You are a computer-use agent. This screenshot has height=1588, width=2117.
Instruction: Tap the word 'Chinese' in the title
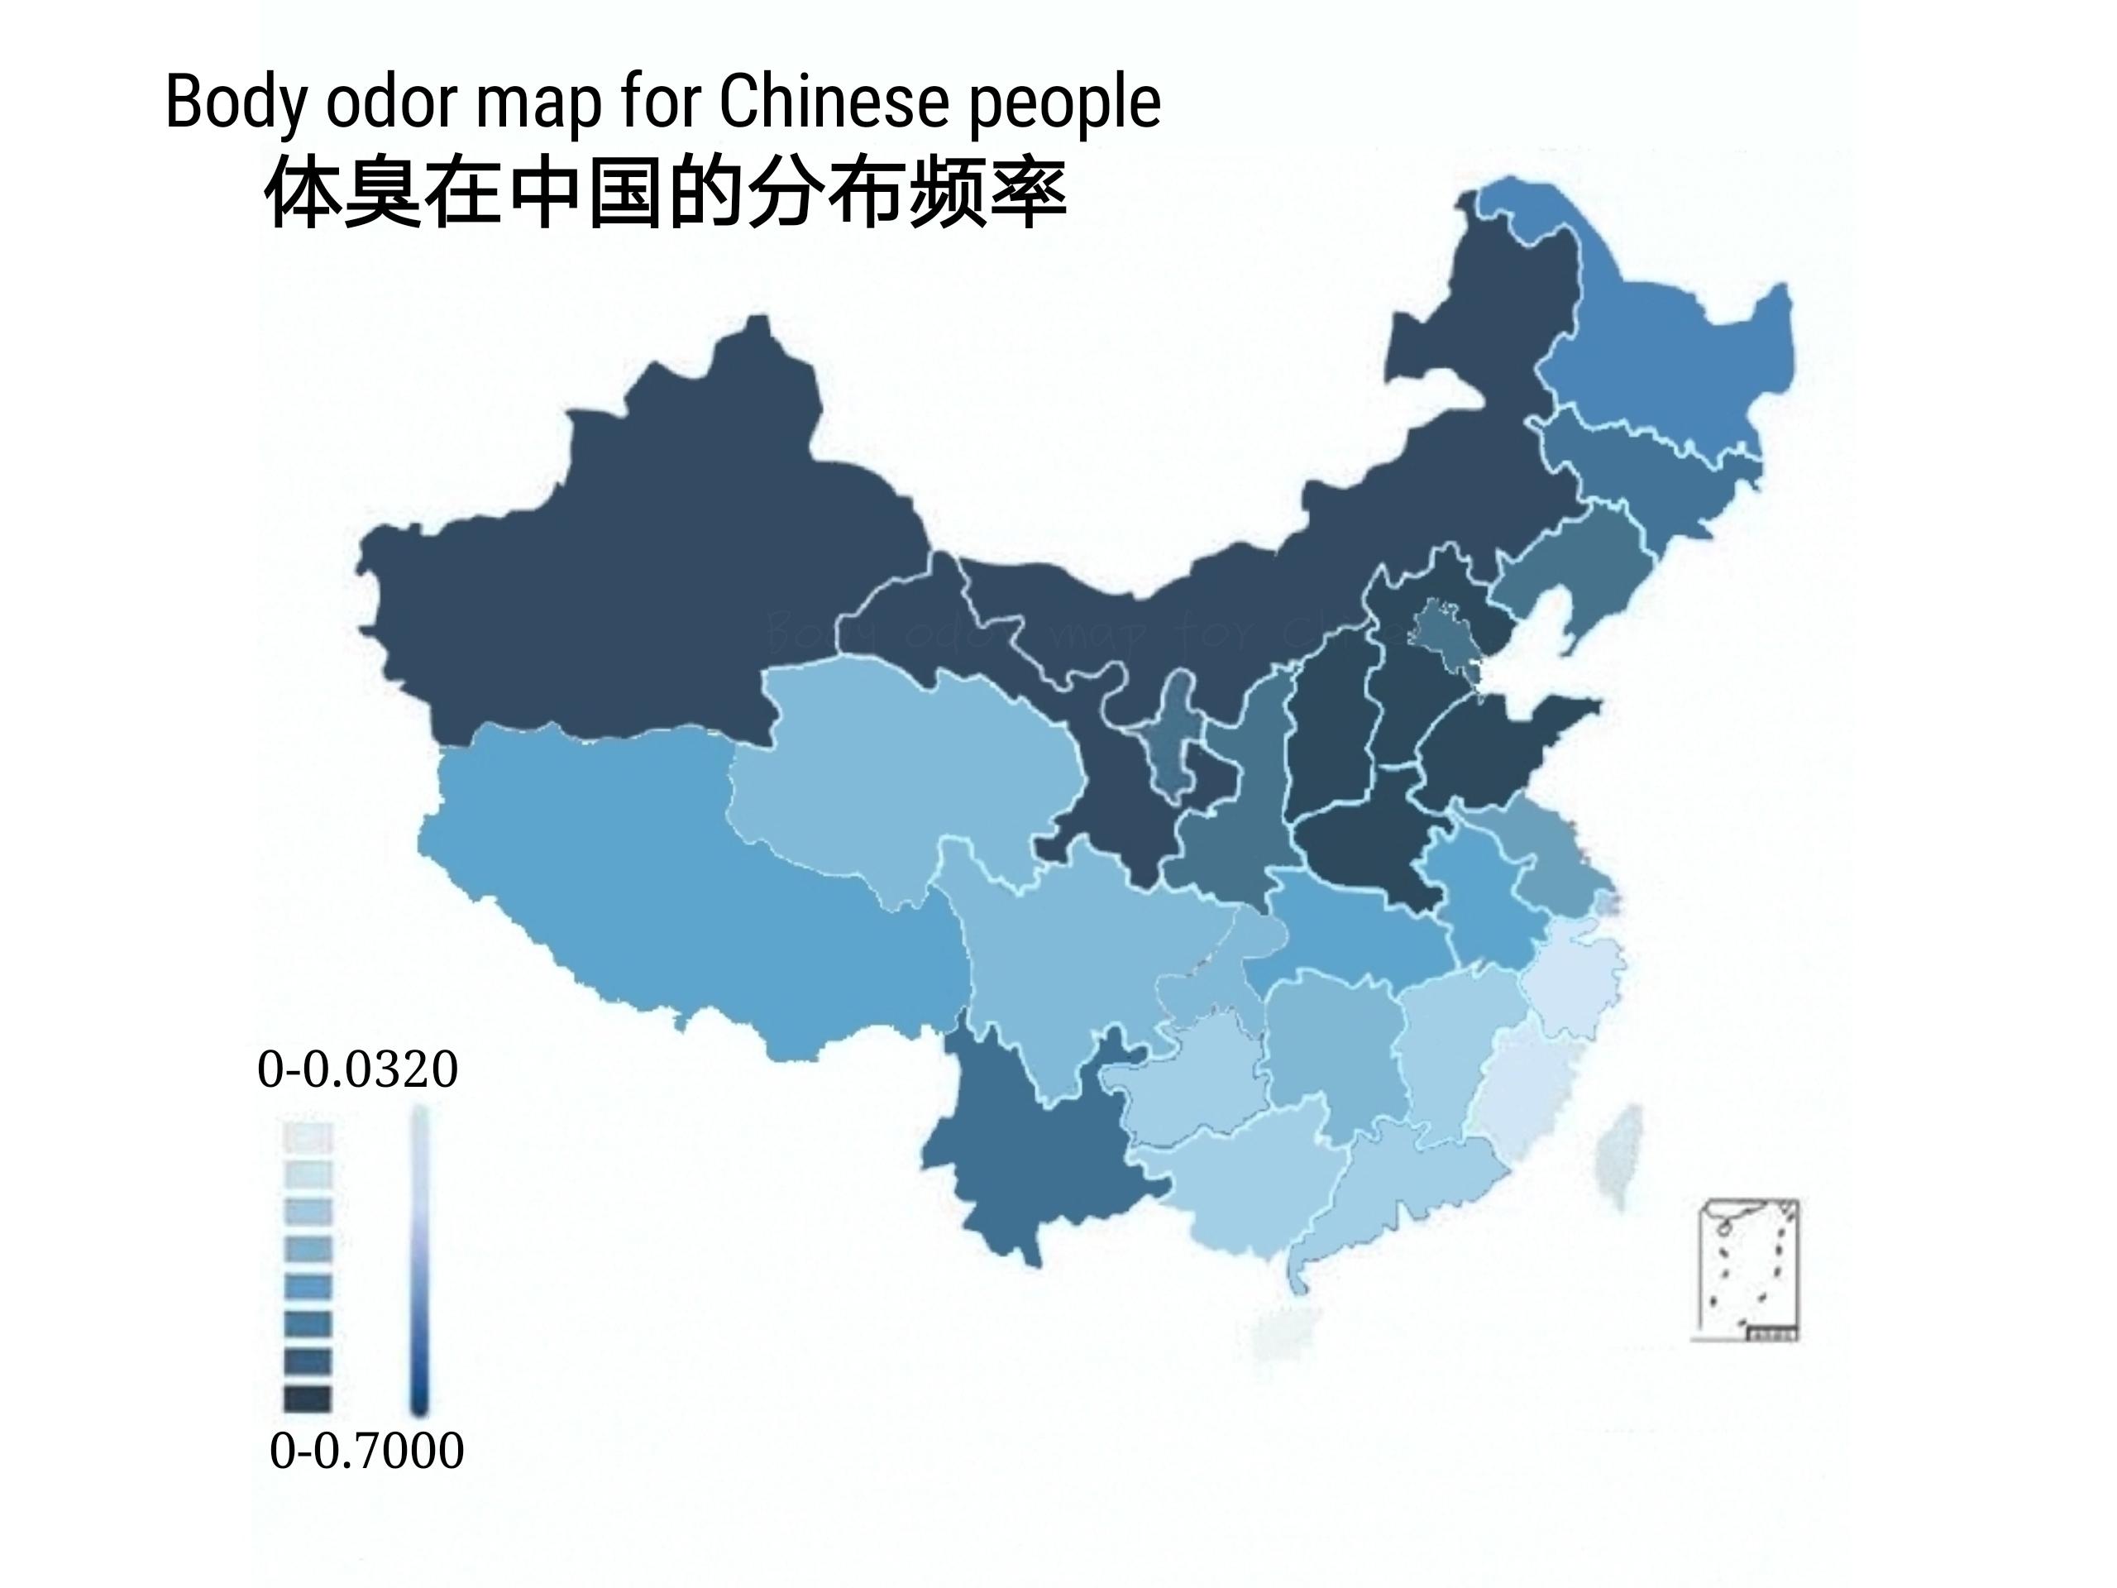pyautogui.click(x=834, y=102)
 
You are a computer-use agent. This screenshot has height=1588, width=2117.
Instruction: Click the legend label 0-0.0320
pyautogui.click(x=357, y=1069)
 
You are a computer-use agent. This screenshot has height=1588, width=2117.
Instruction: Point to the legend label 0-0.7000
pyautogui.click(x=366, y=1450)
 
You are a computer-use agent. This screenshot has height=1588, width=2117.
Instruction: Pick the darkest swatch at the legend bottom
pyautogui.click(x=308, y=1399)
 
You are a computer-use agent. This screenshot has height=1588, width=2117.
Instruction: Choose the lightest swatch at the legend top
pyautogui.click(x=308, y=1137)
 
